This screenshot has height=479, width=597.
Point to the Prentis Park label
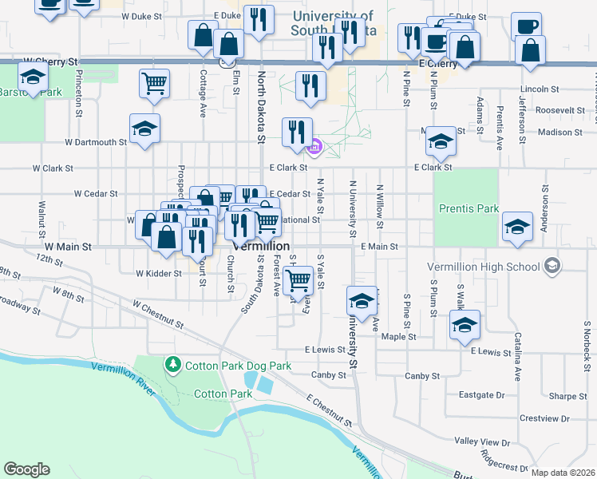pos(469,209)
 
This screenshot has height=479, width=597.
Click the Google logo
pos(27,469)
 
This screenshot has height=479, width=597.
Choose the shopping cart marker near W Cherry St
pos(154,81)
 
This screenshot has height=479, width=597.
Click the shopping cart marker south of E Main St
pos(298,280)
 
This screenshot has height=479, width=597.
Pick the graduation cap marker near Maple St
pos(464,324)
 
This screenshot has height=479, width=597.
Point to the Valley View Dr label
pos(481,441)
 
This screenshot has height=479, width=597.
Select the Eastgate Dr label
pos(483,394)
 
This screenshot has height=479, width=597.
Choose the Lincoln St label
pos(538,89)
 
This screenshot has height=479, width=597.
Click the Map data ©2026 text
pos(563,473)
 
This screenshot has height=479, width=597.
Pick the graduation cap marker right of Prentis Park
pos(517,227)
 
